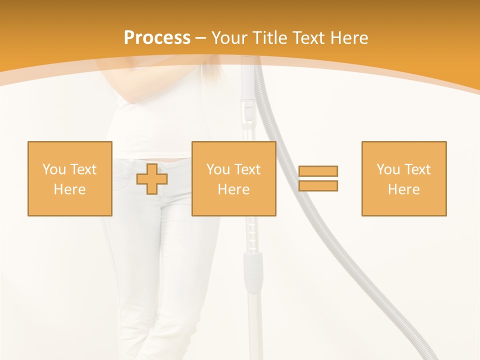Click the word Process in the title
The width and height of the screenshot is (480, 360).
tap(157, 38)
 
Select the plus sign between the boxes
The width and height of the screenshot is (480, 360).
tap(152, 178)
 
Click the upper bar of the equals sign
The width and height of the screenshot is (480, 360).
tap(318, 171)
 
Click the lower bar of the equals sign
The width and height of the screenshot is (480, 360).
tap(318, 186)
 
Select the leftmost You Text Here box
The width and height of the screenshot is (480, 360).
tap(70, 178)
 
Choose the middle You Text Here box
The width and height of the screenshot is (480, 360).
tap(234, 178)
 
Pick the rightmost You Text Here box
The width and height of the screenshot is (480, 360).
tap(404, 178)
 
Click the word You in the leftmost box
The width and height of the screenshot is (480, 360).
tap(54, 169)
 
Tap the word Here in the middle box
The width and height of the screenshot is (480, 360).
tap(234, 189)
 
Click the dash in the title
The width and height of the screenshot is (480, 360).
tap(201, 38)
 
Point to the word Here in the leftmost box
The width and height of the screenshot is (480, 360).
tap(70, 189)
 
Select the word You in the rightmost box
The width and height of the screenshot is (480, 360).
tap(388, 169)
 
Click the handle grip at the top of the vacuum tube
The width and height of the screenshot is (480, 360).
tap(248, 107)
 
